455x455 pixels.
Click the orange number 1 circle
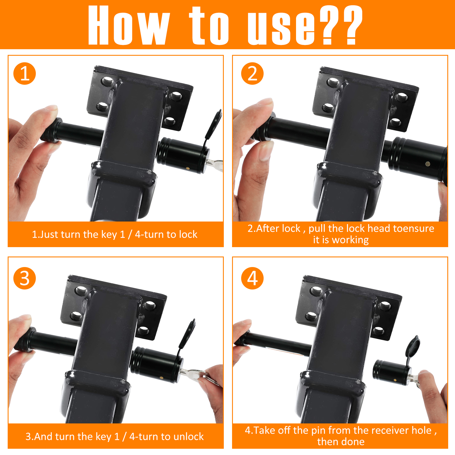[24, 73]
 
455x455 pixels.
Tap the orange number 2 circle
[252, 73]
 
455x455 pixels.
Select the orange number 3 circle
[24, 278]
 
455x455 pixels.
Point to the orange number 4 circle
[252, 278]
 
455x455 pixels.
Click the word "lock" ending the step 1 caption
[188, 234]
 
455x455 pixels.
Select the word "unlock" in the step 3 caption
[189, 437]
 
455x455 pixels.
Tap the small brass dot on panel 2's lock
[428, 164]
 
